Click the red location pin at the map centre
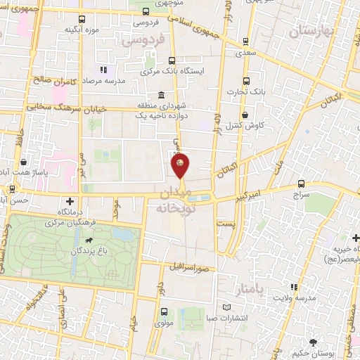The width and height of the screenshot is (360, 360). click(180, 166)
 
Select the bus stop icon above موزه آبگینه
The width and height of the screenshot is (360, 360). click(82, 19)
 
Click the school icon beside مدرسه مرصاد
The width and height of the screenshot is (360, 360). click(103, 70)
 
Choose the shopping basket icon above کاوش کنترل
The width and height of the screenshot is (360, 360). click(245, 115)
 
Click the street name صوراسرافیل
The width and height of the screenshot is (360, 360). click(188, 268)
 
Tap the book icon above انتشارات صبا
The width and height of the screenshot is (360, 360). click(226, 307)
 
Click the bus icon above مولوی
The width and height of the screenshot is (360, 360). click(164, 311)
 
